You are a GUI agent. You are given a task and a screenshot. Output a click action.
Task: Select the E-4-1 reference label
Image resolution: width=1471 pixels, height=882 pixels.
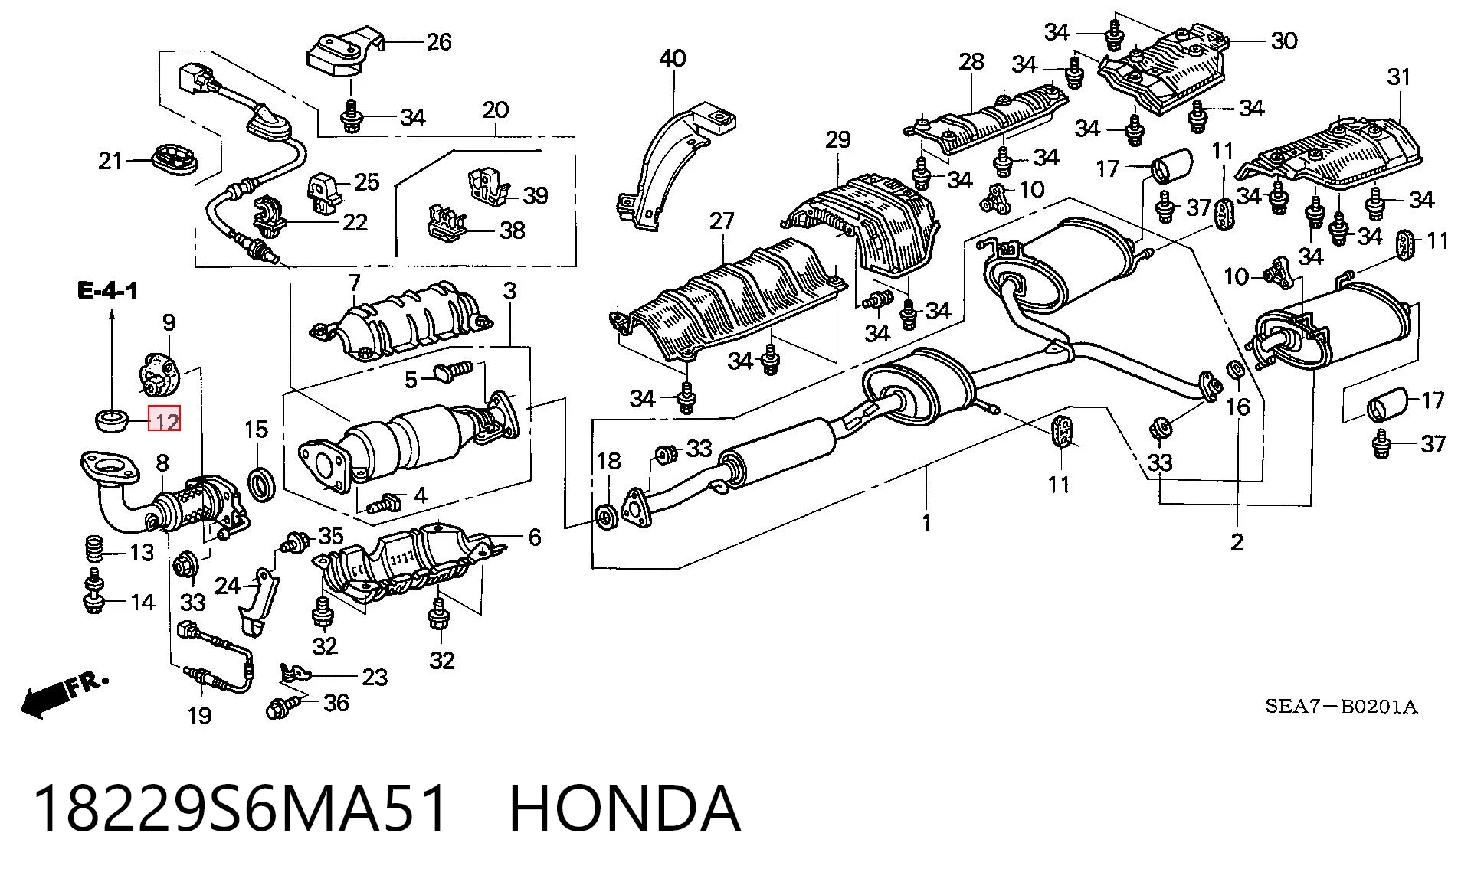pyautogui.click(x=108, y=291)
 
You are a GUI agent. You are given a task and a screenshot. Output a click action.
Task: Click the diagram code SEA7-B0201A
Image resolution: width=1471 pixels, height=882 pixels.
pyautogui.click(x=1341, y=706)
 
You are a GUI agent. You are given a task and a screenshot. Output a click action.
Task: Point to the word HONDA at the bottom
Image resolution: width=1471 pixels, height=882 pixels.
pyautogui.click(x=624, y=808)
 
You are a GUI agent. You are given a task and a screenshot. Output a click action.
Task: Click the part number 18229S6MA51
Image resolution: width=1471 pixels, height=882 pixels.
pyautogui.click(x=240, y=808)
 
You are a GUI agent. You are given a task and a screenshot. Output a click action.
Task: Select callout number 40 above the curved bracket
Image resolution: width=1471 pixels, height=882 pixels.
pyautogui.click(x=672, y=58)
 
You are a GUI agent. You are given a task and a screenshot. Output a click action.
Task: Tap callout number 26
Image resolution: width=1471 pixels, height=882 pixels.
pyautogui.click(x=438, y=41)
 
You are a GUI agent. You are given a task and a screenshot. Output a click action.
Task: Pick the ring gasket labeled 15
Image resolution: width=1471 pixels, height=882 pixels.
pyautogui.click(x=263, y=483)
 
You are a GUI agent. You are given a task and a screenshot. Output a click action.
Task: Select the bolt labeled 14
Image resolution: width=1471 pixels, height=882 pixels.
pyautogui.click(x=93, y=593)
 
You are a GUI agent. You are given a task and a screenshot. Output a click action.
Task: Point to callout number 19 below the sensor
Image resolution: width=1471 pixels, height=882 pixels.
pyautogui.click(x=198, y=716)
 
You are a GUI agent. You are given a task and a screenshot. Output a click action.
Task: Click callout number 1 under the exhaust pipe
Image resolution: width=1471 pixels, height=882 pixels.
pyautogui.click(x=926, y=524)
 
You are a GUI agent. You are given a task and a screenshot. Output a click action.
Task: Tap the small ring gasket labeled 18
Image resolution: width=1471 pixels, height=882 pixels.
pyautogui.click(x=605, y=518)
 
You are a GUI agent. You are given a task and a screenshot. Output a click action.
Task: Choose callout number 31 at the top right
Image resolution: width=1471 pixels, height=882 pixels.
pyautogui.click(x=1398, y=77)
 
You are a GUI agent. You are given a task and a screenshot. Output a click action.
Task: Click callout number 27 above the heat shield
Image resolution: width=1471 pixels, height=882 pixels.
pyautogui.click(x=722, y=221)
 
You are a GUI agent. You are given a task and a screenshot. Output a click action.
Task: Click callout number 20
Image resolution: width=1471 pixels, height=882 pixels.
pyautogui.click(x=496, y=110)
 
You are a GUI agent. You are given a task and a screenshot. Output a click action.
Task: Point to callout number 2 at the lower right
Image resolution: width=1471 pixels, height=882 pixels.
pyautogui.click(x=1237, y=542)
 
